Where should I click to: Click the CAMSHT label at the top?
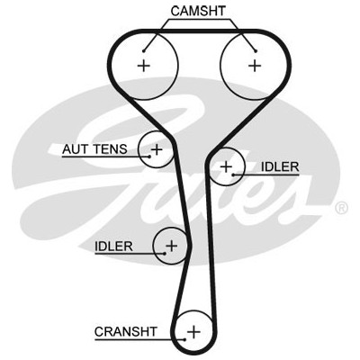click(x=198, y=11)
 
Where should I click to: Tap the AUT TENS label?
click(x=94, y=149)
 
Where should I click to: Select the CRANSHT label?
click(x=126, y=332)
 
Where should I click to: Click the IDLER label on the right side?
click(x=280, y=166)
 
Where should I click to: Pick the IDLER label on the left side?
click(x=113, y=247)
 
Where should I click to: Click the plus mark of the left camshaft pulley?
click(x=144, y=66)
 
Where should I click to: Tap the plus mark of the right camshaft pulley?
click(x=255, y=66)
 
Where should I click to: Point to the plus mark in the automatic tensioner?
click(x=157, y=149)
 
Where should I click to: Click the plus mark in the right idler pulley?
click(x=226, y=166)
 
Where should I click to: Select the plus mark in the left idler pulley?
click(x=172, y=246)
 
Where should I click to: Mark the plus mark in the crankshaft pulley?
click(x=193, y=332)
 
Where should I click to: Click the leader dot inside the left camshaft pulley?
click(x=144, y=50)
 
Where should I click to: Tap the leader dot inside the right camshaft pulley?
click(x=256, y=51)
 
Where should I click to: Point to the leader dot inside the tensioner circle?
click(x=149, y=157)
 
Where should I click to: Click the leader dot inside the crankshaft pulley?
click(x=184, y=339)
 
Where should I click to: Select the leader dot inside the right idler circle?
click(x=233, y=175)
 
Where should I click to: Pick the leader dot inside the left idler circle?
click(x=165, y=254)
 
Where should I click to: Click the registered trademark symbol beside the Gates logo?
click(x=341, y=208)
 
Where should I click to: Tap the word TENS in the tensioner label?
click(x=111, y=149)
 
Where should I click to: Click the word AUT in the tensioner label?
click(x=76, y=149)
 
